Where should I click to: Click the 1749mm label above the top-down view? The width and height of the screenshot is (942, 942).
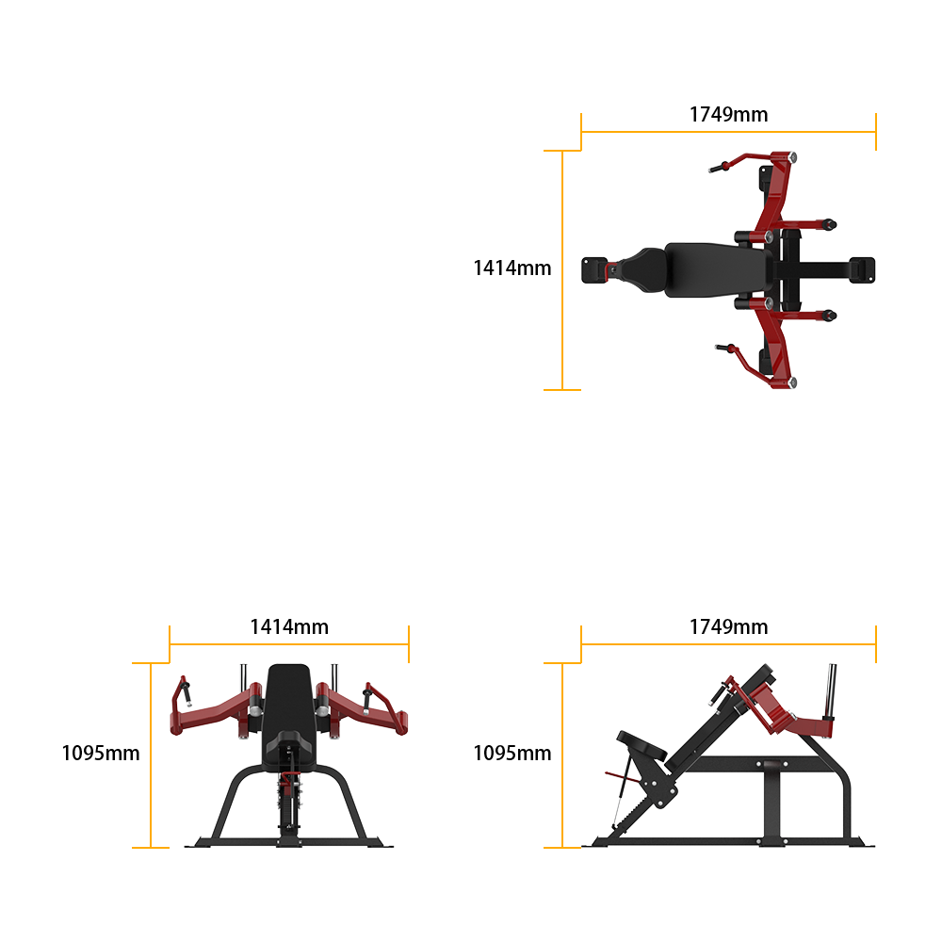pos(728,114)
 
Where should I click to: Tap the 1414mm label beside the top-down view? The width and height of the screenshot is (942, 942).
pos(512,268)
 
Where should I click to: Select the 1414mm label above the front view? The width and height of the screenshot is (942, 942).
pos(289,627)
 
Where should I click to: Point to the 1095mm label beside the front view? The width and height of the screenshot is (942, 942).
pos(101,754)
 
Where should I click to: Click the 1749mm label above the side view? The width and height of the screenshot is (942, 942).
pos(728,627)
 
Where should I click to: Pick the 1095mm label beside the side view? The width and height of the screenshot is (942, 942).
pos(512,754)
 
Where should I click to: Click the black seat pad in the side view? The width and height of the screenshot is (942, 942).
pos(642,745)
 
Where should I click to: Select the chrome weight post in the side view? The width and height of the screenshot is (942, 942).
pos(831,690)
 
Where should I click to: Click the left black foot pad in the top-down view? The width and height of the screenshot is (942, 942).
pos(594,269)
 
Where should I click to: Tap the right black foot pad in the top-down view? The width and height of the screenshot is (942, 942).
pos(862,269)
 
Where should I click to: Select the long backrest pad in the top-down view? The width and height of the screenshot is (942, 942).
pos(718,269)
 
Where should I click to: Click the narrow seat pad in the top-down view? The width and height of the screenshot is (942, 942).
pos(642,269)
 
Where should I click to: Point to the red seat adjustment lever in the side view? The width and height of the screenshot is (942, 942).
pos(623,777)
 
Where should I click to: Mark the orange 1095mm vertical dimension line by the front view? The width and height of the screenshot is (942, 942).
pos(150,755)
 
